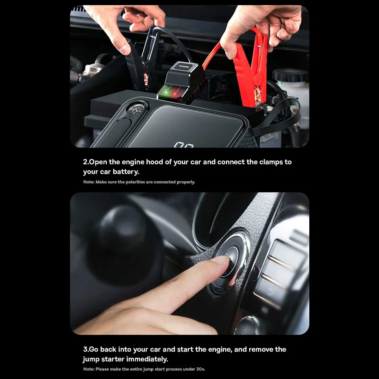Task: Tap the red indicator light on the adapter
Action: [175, 94]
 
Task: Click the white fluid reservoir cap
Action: [290, 76]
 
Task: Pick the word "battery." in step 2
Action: [126, 172]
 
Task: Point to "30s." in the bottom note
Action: [201, 369]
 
